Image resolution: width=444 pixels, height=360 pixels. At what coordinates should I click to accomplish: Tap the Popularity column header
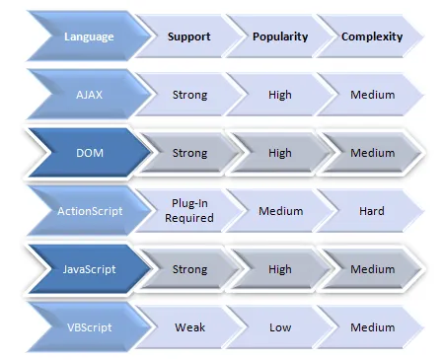tap(280, 36)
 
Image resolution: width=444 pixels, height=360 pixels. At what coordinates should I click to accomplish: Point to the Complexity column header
tap(372, 36)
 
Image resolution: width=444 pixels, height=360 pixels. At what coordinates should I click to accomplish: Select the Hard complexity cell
tap(372, 211)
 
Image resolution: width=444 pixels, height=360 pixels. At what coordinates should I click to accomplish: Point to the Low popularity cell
tap(280, 327)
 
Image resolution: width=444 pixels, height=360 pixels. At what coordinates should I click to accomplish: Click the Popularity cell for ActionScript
tap(280, 211)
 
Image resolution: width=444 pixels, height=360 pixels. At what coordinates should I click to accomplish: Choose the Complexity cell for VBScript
tap(372, 327)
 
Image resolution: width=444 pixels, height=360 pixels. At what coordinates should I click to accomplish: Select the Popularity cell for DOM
tap(280, 153)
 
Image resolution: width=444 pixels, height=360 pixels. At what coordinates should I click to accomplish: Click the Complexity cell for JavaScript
tap(372, 269)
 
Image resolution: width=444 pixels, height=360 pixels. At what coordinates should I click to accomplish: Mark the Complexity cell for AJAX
tap(372, 96)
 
